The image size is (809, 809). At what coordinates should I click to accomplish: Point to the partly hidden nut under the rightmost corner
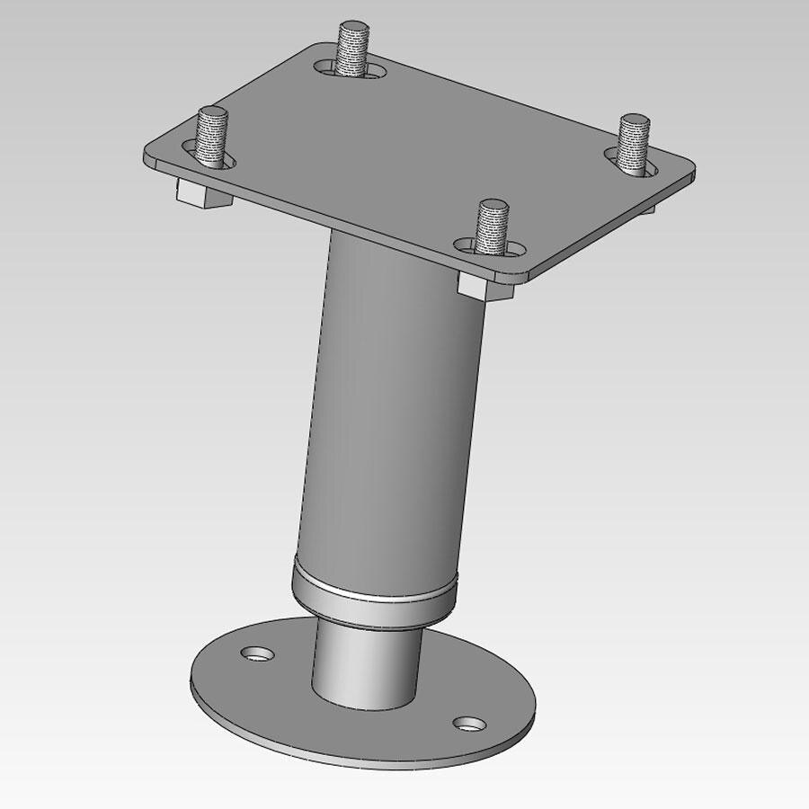click(649, 209)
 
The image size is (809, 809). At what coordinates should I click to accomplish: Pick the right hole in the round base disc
click(468, 723)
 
